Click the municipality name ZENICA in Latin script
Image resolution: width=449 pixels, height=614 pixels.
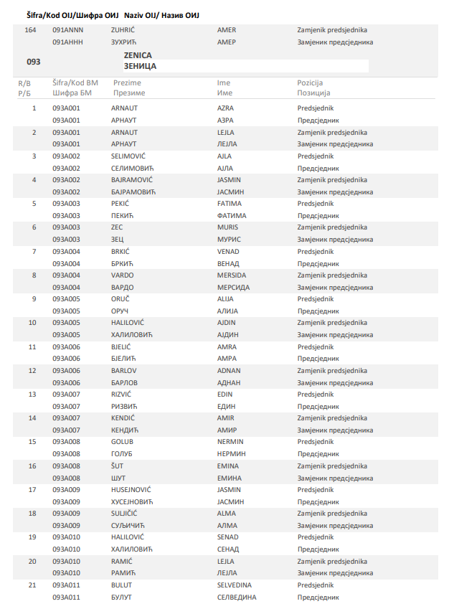point(138,55)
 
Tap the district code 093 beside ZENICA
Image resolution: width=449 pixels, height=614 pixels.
point(33,62)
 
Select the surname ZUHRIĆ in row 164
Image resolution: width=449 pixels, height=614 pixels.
point(123,30)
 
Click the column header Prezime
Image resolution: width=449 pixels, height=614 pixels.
point(127,82)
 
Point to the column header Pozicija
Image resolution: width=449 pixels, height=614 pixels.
point(310,82)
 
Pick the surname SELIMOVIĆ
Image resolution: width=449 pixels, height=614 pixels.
point(128,156)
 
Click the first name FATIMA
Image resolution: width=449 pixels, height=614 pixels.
point(230,203)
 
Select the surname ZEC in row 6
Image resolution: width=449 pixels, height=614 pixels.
point(117,227)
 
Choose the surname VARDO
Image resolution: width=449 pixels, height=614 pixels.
point(122,275)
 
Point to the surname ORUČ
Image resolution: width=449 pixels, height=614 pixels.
point(120,298)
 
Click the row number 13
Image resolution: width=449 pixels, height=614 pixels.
point(32,394)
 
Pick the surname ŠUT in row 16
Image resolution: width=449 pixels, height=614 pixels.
point(117,466)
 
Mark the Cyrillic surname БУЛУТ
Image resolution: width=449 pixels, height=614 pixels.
point(122,597)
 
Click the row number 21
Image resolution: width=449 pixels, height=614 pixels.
point(32,585)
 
